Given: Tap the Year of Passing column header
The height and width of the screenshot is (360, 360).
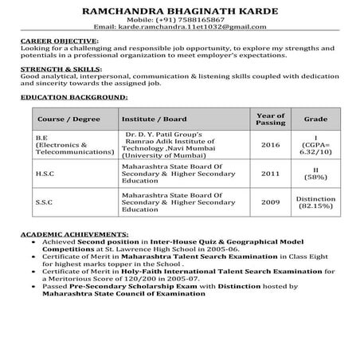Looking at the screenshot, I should tap(270, 119).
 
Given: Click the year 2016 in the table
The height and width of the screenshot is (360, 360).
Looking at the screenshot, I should tap(270, 145).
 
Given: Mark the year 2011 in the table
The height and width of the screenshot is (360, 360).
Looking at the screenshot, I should tap(270, 174).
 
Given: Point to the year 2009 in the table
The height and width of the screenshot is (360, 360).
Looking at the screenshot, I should tap(270, 202).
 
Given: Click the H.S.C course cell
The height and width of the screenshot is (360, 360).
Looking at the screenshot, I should tap(45, 174).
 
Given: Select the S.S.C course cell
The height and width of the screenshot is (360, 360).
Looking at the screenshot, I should tap(45, 202).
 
